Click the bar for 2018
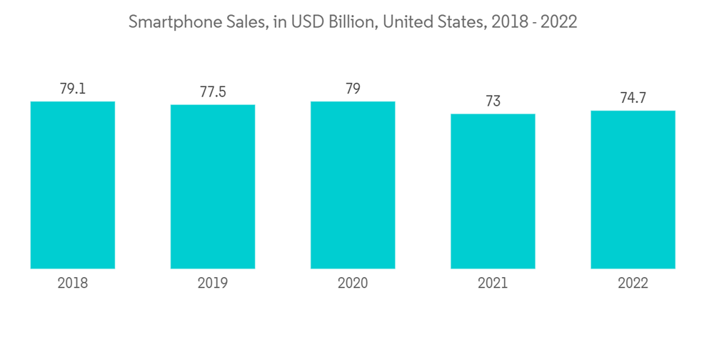click(x=73, y=185)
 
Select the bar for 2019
click(x=213, y=186)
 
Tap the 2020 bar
click(x=353, y=185)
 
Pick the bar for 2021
click(x=493, y=191)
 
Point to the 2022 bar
click(x=633, y=189)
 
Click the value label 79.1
click(x=73, y=89)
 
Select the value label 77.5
click(x=213, y=93)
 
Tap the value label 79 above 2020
click(x=353, y=89)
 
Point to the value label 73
click(x=493, y=101)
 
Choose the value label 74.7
click(x=633, y=99)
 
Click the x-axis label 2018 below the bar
click(x=73, y=284)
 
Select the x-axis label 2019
click(x=213, y=284)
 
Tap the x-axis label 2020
click(x=353, y=284)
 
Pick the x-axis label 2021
click(x=493, y=284)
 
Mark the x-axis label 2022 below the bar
click(x=633, y=284)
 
